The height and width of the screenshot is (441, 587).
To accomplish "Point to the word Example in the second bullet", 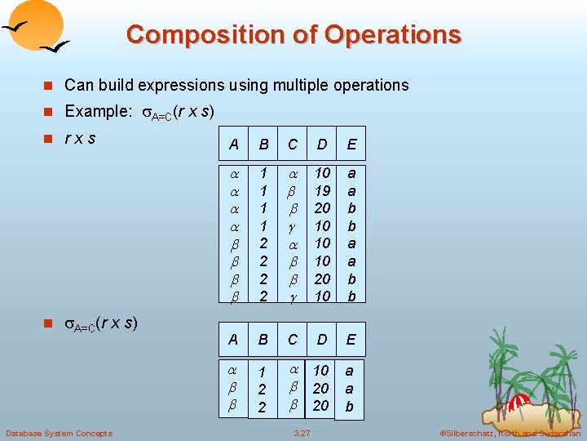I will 93,111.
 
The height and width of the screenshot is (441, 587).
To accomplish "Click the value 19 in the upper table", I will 322,190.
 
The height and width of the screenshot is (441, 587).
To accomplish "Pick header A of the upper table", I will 234,145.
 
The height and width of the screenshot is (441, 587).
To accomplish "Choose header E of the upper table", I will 351,145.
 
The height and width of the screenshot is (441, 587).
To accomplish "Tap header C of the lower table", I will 292,339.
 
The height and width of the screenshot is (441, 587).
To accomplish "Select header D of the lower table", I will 322,339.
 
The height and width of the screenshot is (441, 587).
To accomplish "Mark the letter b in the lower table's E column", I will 350,406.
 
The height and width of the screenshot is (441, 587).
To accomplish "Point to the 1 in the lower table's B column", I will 262,373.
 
